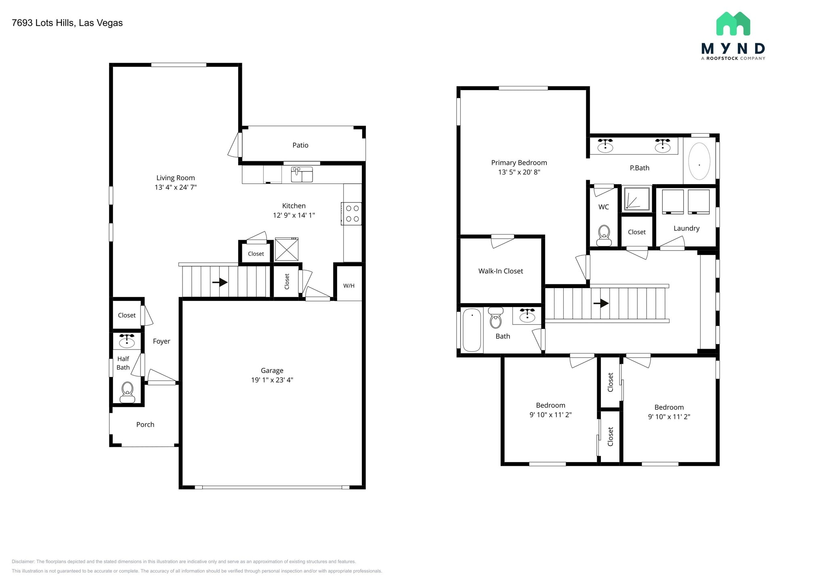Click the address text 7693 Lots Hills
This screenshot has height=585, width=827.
[x=43, y=23]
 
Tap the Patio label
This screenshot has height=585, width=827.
[x=300, y=145]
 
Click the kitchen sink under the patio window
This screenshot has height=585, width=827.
[x=302, y=175]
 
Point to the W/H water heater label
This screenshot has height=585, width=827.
[x=349, y=286]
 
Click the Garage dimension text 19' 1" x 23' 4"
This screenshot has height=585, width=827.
[x=272, y=380]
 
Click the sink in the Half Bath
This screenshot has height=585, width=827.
[x=127, y=341]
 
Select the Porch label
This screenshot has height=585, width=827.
[x=145, y=424]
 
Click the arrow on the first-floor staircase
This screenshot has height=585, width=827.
[x=220, y=282]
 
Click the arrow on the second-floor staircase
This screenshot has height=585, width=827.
[x=601, y=303]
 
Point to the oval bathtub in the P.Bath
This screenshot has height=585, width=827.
[x=699, y=161]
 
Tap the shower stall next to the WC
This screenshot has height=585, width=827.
[x=636, y=198]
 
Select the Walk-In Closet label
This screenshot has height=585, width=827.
[x=500, y=271]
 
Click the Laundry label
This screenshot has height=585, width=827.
[x=686, y=228]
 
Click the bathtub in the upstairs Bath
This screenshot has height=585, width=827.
[x=471, y=330]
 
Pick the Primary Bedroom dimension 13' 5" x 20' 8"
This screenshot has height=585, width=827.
[x=519, y=172]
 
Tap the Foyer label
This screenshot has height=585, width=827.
[x=161, y=341]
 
